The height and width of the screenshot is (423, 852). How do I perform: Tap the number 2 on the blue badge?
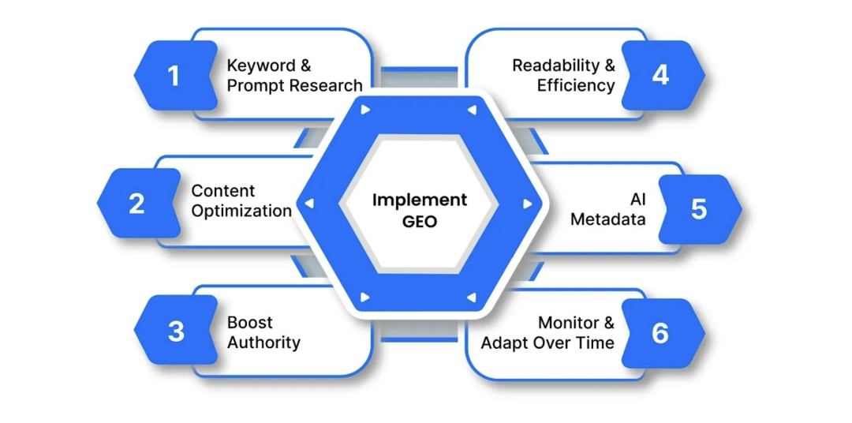tap(136, 204)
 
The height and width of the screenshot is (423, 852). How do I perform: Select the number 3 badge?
tap(176, 331)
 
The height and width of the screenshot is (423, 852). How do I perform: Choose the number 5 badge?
tap(700, 209)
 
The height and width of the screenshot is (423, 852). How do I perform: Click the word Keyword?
tap(261, 66)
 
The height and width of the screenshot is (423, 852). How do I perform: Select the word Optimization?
tap(242, 211)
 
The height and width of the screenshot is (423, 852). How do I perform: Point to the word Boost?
tap(249, 323)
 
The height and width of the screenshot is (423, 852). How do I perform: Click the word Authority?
tap(263, 343)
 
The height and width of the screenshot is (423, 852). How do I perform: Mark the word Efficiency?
tap(576, 85)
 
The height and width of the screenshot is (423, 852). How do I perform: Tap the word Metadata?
tap(608, 219)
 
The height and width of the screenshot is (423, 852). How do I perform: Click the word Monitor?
tap(567, 323)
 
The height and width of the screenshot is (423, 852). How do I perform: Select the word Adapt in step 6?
tap(503, 343)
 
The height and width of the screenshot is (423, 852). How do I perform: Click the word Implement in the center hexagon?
tap(420, 200)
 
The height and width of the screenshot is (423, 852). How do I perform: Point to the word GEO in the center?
tap(420, 222)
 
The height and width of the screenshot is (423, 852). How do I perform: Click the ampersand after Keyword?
tap(305, 66)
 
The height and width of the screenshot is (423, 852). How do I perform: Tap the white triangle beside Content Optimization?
tap(309, 204)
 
